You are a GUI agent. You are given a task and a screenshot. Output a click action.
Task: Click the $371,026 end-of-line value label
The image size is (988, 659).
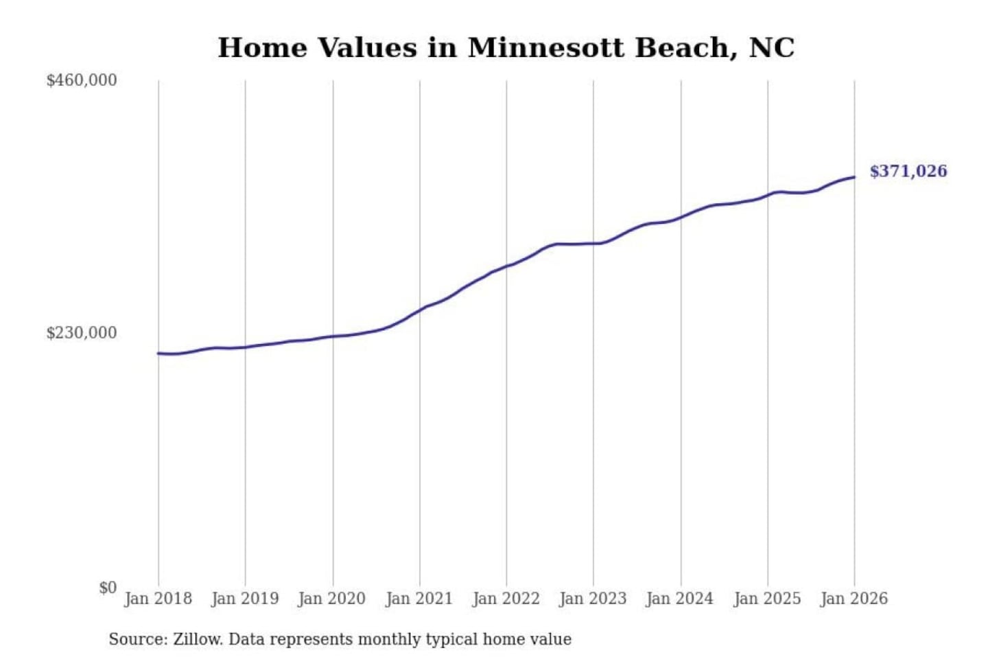click(908, 171)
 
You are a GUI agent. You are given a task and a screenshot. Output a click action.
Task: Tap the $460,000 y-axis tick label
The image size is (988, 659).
click(82, 80)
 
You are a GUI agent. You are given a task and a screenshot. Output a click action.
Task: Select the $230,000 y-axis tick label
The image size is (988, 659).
click(82, 333)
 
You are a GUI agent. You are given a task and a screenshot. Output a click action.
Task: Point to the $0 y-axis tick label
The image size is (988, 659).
click(108, 588)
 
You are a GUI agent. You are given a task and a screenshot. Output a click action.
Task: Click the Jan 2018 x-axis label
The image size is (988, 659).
click(158, 599)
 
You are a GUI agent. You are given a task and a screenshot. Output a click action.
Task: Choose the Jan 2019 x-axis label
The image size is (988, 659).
click(245, 599)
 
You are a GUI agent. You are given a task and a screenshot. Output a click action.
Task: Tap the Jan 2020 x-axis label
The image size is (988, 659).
click(332, 599)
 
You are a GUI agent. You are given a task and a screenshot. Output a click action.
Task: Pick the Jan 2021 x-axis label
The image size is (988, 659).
click(419, 599)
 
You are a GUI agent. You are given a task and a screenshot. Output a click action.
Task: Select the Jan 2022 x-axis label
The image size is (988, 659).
click(506, 599)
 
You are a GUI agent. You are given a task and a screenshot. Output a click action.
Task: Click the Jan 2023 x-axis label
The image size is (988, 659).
click(593, 599)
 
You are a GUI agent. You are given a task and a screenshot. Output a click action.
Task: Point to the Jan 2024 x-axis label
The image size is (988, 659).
click(680, 599)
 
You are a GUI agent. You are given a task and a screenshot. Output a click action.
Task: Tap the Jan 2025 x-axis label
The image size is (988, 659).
click(767, 599)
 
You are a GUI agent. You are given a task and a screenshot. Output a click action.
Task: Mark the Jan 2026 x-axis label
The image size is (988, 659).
click(854, 599)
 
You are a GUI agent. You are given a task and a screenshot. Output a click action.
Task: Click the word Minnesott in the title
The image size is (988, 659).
click(546, 48)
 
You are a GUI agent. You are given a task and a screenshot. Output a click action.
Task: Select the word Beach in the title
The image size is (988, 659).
click(685, 48)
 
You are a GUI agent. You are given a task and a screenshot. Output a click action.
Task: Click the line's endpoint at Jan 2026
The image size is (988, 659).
click(854, 177)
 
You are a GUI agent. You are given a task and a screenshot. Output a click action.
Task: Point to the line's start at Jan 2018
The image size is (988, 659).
click(158, 354)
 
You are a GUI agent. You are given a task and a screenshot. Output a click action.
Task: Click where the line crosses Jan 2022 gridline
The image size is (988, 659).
click(507, 266)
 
